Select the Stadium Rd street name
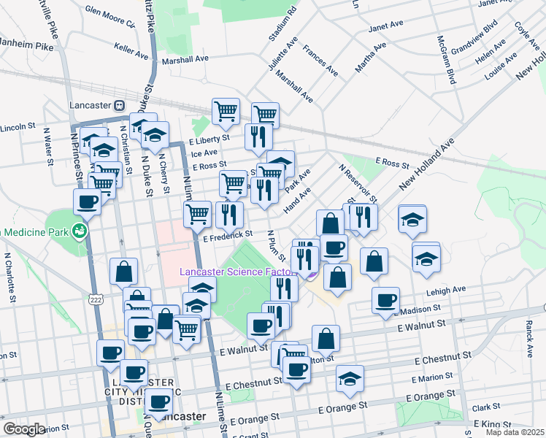point(284,23)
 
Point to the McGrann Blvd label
point(447,59)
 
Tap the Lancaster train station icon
point(119,104)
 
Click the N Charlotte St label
point(9,278)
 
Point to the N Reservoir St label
point(358,183)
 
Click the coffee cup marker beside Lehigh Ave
point(385,300)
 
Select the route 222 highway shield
point(95,299)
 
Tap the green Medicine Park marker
point(80,232)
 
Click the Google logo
point(24,429)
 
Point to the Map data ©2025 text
point(514,432)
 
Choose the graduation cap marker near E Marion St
point(350,377)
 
